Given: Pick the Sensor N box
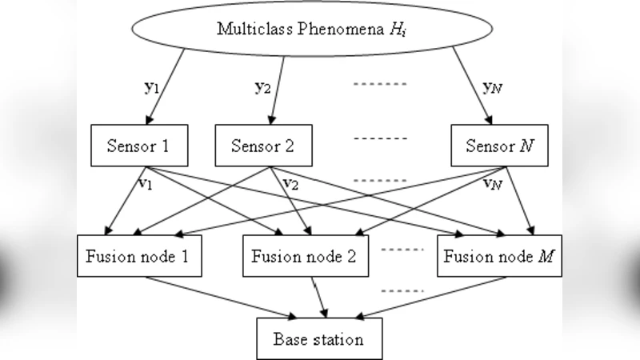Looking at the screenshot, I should (x=501, y=146).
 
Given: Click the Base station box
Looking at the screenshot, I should (x=318, y=338).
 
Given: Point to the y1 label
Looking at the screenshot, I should (x=152, y=87).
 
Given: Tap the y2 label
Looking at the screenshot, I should (x=262, y=87).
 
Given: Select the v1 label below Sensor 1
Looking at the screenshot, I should (x=144, y=184).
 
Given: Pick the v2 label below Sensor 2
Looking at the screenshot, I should (x=290, y=184).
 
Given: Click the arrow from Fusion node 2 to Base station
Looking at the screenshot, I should (x=321, y=297).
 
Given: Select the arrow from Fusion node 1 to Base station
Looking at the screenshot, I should (x=216, y=297).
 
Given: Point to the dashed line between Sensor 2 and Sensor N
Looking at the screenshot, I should (x=381, y=138).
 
